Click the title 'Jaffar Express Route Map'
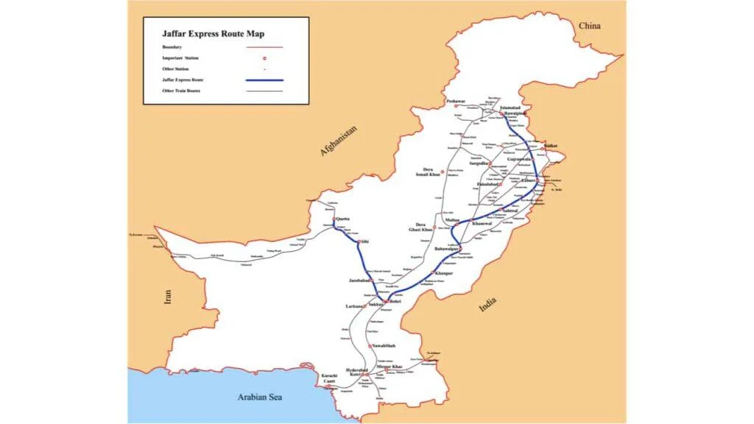pos(213,33)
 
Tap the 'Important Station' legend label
pos(180,57)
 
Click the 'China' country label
pos(589,26)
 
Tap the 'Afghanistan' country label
pos(339,141)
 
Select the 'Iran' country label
pos(169,297)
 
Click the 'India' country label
pos(487,304)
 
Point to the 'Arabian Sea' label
pos(261,397)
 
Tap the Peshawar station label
pos(456,101)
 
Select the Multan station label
pos(453,219)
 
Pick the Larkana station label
pos(355,306)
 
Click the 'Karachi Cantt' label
pos(329,378)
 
